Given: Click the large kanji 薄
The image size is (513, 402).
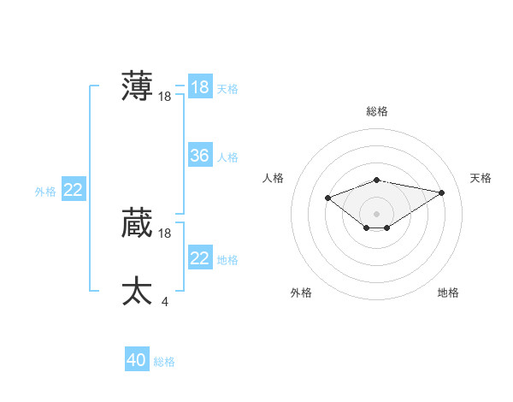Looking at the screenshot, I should coord(137,86).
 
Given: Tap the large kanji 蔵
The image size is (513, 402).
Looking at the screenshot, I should coord(137,223).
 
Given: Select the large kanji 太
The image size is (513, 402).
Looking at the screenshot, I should coord(137,292).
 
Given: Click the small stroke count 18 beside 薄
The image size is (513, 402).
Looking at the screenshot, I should coord(165,97).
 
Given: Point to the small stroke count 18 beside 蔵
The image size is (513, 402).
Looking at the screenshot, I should coord(165,234).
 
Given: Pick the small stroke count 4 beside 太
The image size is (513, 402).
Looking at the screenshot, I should coord(164,301).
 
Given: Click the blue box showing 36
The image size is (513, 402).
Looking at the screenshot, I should coord(199,156).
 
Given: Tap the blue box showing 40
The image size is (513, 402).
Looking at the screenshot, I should coord(136,360).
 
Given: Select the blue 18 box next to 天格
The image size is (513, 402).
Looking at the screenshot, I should coord(199,87).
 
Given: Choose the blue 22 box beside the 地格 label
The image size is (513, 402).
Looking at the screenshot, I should coord(199,258).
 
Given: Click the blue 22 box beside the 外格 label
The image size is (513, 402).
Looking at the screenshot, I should coord(73,190).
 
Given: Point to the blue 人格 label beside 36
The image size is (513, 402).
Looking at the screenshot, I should coord(227,157).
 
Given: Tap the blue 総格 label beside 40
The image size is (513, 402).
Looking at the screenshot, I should coord(164,362).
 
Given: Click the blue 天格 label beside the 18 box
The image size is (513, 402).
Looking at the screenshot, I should coord(227,89).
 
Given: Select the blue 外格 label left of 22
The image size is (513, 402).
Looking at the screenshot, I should coord(45,192).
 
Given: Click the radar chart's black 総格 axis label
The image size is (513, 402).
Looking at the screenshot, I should coord(377,111).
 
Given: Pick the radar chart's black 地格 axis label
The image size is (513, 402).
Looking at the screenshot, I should coord(448,293).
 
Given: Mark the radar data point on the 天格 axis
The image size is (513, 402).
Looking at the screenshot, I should coord(441,192).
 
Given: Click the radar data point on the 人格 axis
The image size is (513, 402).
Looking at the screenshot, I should coord(328,198).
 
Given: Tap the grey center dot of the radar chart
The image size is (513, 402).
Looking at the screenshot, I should coord(376,214).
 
